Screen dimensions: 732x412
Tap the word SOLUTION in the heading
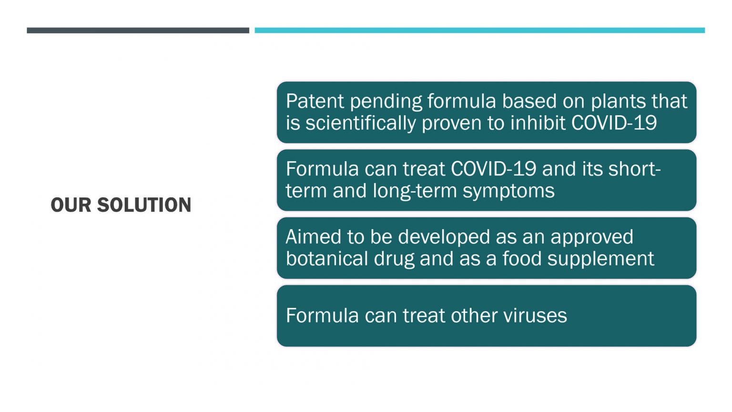coord(144,205)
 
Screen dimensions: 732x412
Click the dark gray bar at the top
coord(138,31)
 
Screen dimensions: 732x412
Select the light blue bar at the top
coord(480,31)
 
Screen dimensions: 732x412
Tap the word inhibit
coord(538,123)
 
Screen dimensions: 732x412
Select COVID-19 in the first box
coord(614,123)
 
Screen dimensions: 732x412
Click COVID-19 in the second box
coord(493,169)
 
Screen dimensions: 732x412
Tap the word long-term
coord(415,191)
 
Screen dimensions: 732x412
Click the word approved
coord(592,238)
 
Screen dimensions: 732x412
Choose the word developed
coord(444,238)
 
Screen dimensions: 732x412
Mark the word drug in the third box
coord(394,259)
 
